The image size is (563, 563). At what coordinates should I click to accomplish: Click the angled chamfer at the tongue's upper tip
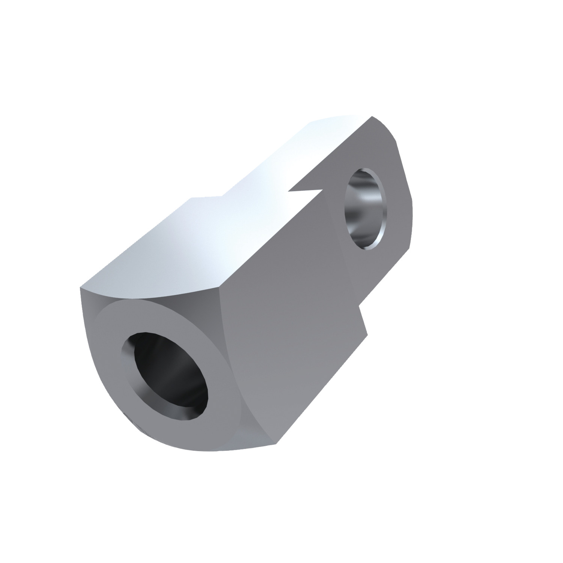385,128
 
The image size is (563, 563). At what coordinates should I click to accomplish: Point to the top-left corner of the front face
80,288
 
